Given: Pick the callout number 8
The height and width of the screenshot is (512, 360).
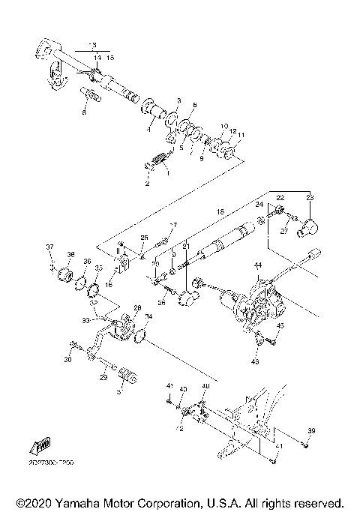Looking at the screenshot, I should point(85,112).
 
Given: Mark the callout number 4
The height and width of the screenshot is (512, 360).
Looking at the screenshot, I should point(148,129).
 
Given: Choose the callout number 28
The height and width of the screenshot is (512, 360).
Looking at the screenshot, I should point(136,307).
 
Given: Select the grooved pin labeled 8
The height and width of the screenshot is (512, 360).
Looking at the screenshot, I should point(91,95).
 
